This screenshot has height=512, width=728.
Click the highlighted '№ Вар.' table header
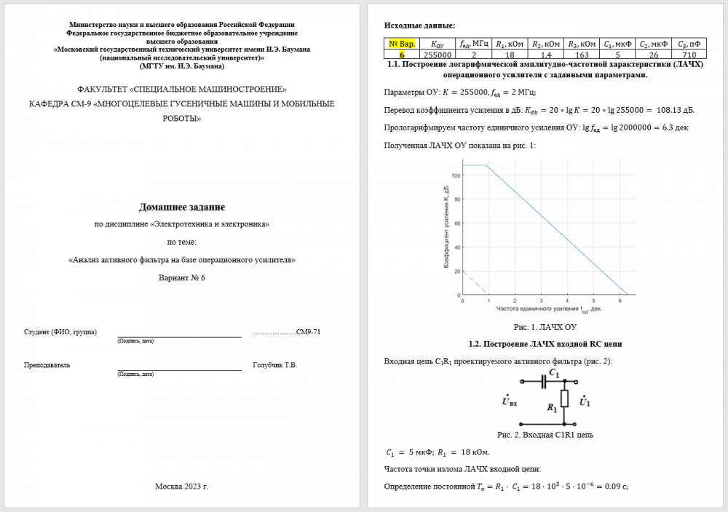coord(402,44)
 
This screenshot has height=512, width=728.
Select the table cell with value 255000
coord(438,55)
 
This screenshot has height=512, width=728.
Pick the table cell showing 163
coord(576,55)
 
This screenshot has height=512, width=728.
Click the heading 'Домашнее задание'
coord(182,208)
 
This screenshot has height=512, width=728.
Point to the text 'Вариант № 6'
coord(182,277)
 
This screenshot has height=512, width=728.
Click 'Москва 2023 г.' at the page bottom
coord(182,486)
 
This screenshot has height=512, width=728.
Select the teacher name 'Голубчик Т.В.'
coord(275,365)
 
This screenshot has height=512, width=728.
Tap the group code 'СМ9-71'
coord(308,332)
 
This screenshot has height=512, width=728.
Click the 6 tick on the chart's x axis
coord(620,300)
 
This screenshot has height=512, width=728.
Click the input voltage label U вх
coord(509,401)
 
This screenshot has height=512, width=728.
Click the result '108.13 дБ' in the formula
coord(675,110)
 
